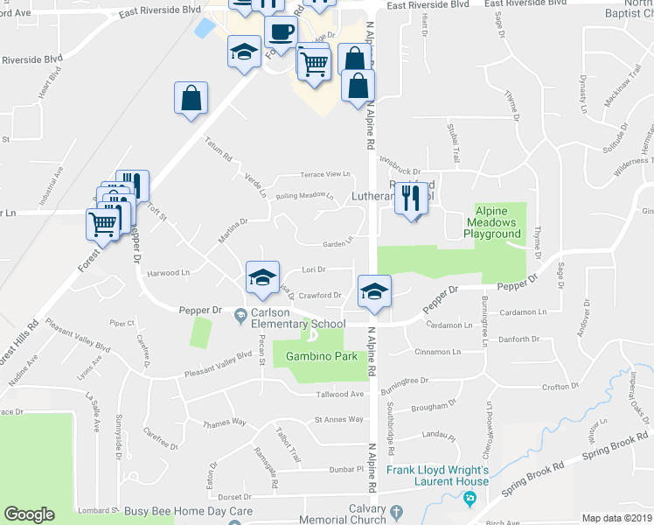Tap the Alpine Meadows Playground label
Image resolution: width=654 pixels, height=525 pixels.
(497, 222)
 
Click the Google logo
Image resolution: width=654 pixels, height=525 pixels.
(29, 514)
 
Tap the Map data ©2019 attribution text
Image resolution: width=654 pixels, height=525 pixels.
(616, 518)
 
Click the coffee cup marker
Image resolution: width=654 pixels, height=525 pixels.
(281, 32)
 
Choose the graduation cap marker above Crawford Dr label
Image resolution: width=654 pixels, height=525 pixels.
(262, 278)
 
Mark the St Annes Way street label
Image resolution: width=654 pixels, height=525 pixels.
(338, 420)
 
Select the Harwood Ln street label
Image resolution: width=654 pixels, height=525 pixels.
(168, 273)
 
